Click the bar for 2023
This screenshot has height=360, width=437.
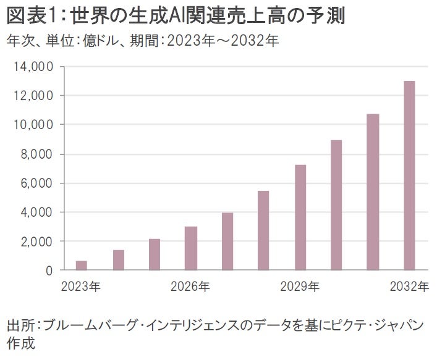coord(82,266)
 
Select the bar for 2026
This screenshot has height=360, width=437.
coord(191,248)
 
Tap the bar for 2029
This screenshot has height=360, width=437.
coord(300,217)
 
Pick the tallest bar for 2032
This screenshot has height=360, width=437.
coord(409,175)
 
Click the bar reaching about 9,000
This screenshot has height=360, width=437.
coord(336,205)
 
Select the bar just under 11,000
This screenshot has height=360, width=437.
coord(373,192)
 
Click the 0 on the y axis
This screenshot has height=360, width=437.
coord(49,270)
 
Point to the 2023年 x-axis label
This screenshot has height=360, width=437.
coord(82,286)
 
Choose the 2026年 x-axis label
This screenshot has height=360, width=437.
coord(191,286)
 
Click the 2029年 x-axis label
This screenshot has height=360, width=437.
coord(300,286)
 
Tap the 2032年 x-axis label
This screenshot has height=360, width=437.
coord(409,286)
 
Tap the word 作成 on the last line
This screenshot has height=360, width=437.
coord(19,343)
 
